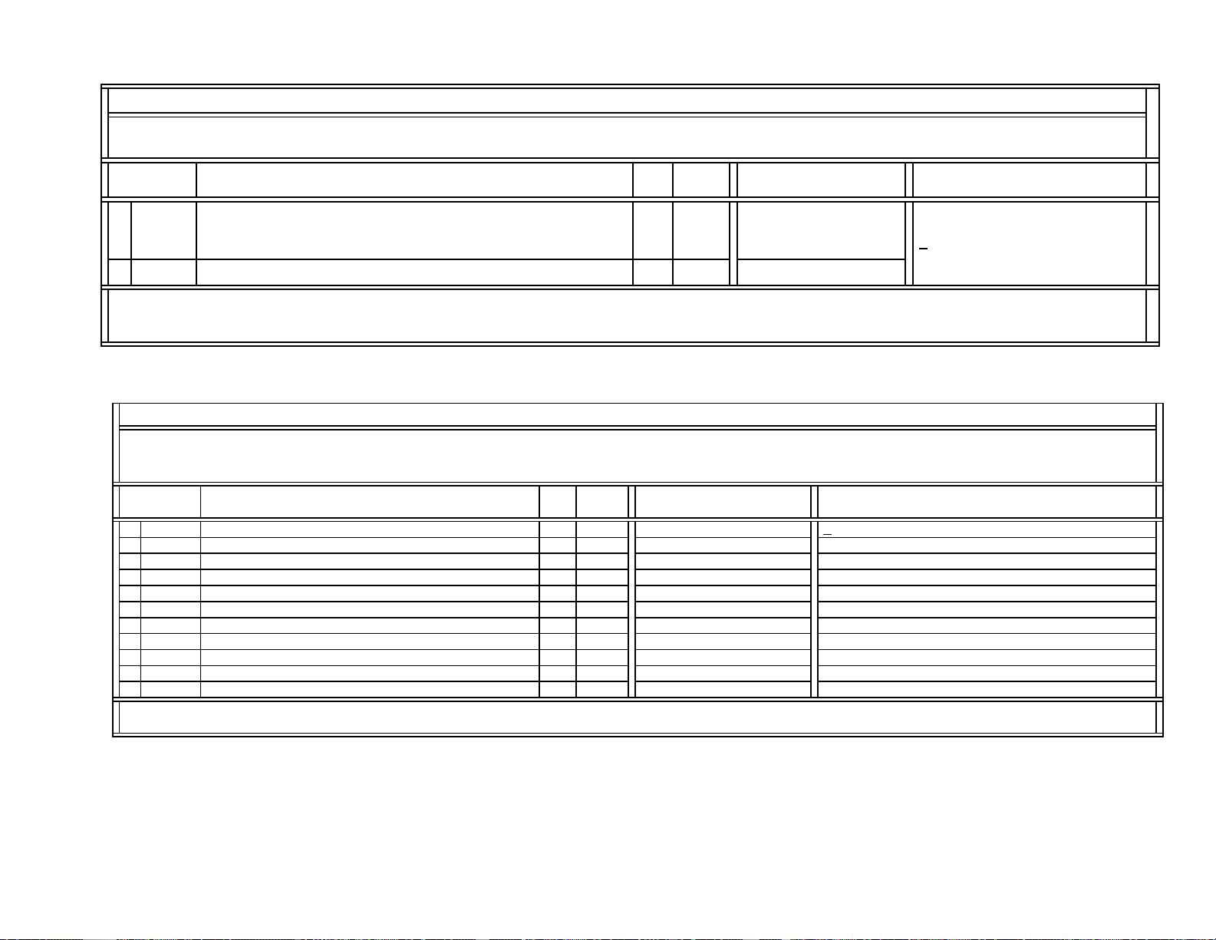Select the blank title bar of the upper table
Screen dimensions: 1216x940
click(x=626, y=101)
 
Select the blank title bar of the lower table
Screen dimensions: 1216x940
click(x=637, y=414)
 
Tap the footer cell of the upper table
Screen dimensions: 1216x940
click(x=626, y=315)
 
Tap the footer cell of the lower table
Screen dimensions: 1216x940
click(x=637, y=717)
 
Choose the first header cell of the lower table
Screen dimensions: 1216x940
click(x=160, y=502)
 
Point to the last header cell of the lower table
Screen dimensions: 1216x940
click(x=987, y=502)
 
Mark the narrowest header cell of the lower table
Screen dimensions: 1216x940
click(x=558, y=502)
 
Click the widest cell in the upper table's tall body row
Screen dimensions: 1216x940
click(x=414, y=230)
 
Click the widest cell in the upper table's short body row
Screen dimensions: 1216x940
click(x=414, y=272)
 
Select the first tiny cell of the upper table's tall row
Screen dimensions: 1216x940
click(x=120, y=230)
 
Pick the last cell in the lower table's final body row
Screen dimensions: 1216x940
click(x=987, y=689)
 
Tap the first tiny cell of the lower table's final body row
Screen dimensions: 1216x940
click(x=130, y=689)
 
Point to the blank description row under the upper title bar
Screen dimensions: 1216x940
click(x=626, y=137)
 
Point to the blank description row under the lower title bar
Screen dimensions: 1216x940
click(x=637, y=455)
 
